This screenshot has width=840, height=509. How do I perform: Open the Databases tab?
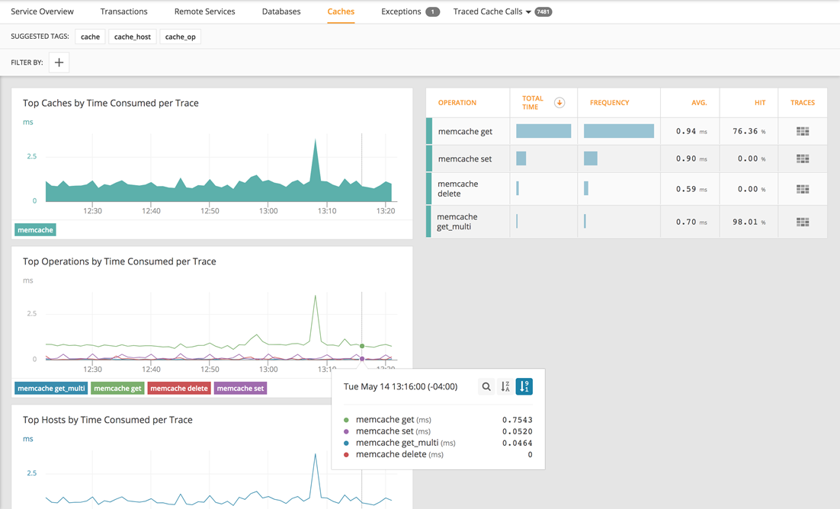click(x=281, y=11)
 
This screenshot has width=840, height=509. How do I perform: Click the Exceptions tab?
click(x=401, y=11)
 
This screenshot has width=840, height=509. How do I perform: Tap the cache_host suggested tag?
click(x=132, y=37)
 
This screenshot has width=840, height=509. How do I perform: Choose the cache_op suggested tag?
click(x=180, y=37)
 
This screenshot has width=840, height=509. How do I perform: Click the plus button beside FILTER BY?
click(x=59, y=62)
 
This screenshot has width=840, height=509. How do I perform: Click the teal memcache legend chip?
click(x=35, y=229)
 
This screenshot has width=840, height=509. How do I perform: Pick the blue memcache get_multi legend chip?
click(x=51, y=388)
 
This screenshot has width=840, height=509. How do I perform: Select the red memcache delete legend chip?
click(x=178, y=388)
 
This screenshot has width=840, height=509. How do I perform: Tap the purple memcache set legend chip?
click(x=240, y=388)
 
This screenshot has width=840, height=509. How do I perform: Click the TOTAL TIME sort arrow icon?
click(x=559, y=103)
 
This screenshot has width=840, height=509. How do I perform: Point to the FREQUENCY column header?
click(x=609, y=103)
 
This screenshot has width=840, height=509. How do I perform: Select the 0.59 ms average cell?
click(x=690, y=189)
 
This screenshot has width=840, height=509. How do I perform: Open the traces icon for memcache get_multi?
click(x=802, y=222)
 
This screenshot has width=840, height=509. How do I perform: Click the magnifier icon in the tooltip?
click(x=486, y=386)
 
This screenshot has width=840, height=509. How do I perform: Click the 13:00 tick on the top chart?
click(x=268, y=211)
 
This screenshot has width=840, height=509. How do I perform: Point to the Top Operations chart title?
click(x=119, y=261)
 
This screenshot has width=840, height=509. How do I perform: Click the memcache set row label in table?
click(x=464, y=159)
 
